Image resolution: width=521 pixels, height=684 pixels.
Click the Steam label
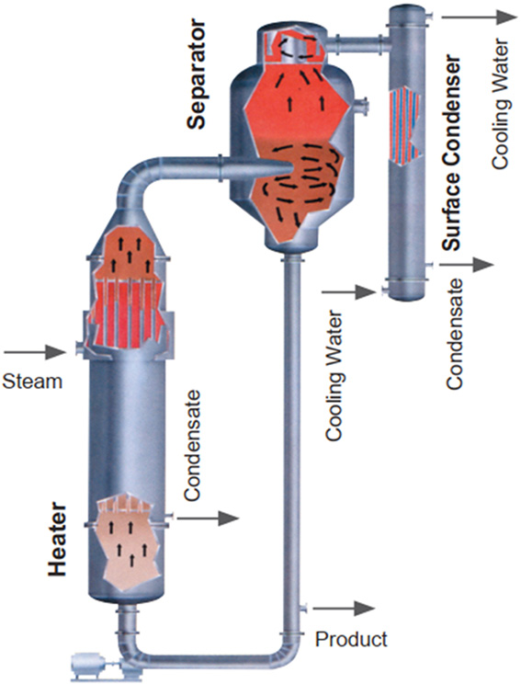pos(32,382)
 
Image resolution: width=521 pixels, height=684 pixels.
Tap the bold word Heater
pos(58,539)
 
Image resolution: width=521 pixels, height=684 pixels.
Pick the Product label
pos(351,639)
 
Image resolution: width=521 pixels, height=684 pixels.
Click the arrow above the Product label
pos(344,608)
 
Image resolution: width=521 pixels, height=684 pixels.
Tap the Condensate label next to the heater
pos(192,445)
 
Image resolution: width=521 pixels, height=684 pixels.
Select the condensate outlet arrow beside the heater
pos(208,518)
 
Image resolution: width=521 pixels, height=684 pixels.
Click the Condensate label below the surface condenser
pos(454,334)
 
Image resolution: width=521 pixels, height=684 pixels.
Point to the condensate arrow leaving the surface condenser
pos(466,265)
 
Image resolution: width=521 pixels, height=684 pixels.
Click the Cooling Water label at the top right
pos(500,104)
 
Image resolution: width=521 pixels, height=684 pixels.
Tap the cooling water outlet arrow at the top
pos(479,17)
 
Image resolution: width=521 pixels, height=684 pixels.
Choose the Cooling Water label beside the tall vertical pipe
pos(334,375)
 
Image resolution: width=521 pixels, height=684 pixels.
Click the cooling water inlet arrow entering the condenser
pos(348,291)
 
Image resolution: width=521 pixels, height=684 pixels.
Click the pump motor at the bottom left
pos(90,666)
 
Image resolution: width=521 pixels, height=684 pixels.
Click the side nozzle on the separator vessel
pos(361,107)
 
